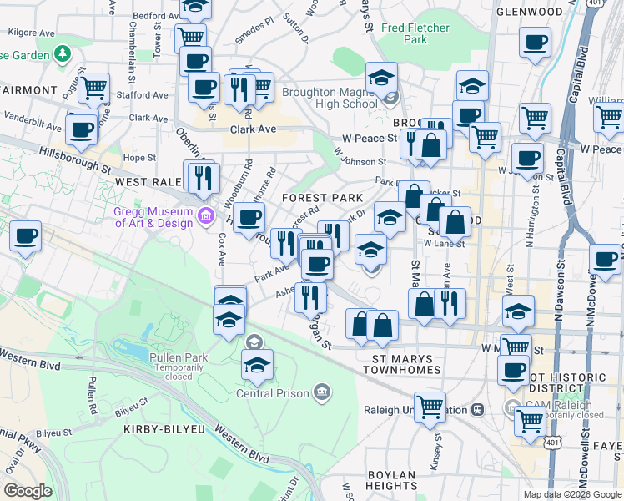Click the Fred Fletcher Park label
[404, 33]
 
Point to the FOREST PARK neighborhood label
[322, 198]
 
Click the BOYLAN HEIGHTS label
[390, 480]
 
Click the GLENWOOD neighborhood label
[529, 12]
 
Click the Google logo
[28, 491]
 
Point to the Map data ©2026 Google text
[571, 494]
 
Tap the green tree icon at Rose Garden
[61, 55]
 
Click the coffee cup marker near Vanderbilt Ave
[82, 129]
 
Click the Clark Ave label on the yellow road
[253, 130]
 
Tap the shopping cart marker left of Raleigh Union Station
[430, 407]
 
